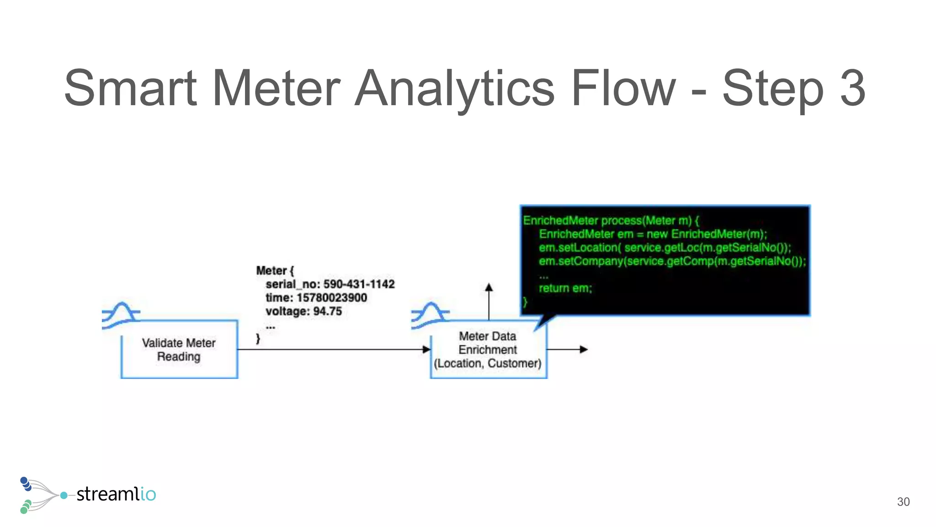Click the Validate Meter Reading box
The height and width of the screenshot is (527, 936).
point(179,350)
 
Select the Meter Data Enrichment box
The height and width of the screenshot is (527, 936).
point(488,350)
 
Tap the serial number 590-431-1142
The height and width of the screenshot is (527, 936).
point(359,284)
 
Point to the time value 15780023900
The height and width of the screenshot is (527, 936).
point(332,298)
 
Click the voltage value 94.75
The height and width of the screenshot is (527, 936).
point(327,312)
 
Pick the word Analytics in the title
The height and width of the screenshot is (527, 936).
point(454,88)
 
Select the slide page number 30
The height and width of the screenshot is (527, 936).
point(903,502)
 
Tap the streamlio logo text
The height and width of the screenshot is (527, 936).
point(116,494)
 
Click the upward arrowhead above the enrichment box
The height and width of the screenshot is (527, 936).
point(489,287)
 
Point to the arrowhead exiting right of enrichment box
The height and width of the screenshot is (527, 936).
point(584,350)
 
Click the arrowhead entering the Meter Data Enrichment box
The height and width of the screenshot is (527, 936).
point(426,350)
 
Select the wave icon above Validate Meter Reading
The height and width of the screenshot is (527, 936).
point(121,315)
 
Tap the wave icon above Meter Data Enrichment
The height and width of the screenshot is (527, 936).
point(430,315)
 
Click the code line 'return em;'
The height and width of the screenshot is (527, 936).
point(565,288)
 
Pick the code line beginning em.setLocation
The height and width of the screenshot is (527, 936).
point(665,247)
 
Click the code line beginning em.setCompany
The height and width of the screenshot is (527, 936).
point(672,261)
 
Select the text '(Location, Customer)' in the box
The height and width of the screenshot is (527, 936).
point(488,363)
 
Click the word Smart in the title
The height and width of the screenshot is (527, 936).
point(130,88)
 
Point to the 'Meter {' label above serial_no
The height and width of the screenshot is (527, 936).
point(275,270)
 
